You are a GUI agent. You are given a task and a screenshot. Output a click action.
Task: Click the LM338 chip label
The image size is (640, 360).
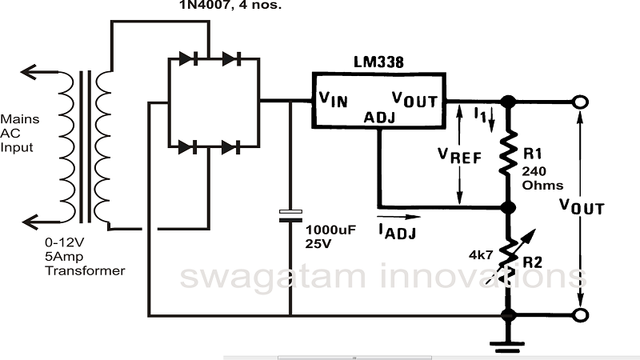tap(379, 62)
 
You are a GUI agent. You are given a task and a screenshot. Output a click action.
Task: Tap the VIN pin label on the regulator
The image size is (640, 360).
tap(334, 100)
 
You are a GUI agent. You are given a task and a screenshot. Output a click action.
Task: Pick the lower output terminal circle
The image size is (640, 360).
tap(580, 314)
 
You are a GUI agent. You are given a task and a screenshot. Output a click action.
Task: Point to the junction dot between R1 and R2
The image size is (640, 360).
tap(506, 206)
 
